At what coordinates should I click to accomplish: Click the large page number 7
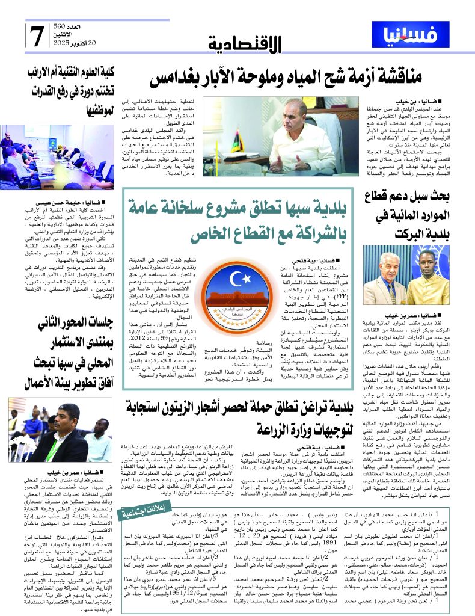(x=36, y=35)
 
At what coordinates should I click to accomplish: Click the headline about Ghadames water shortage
(x=285, y=77)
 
